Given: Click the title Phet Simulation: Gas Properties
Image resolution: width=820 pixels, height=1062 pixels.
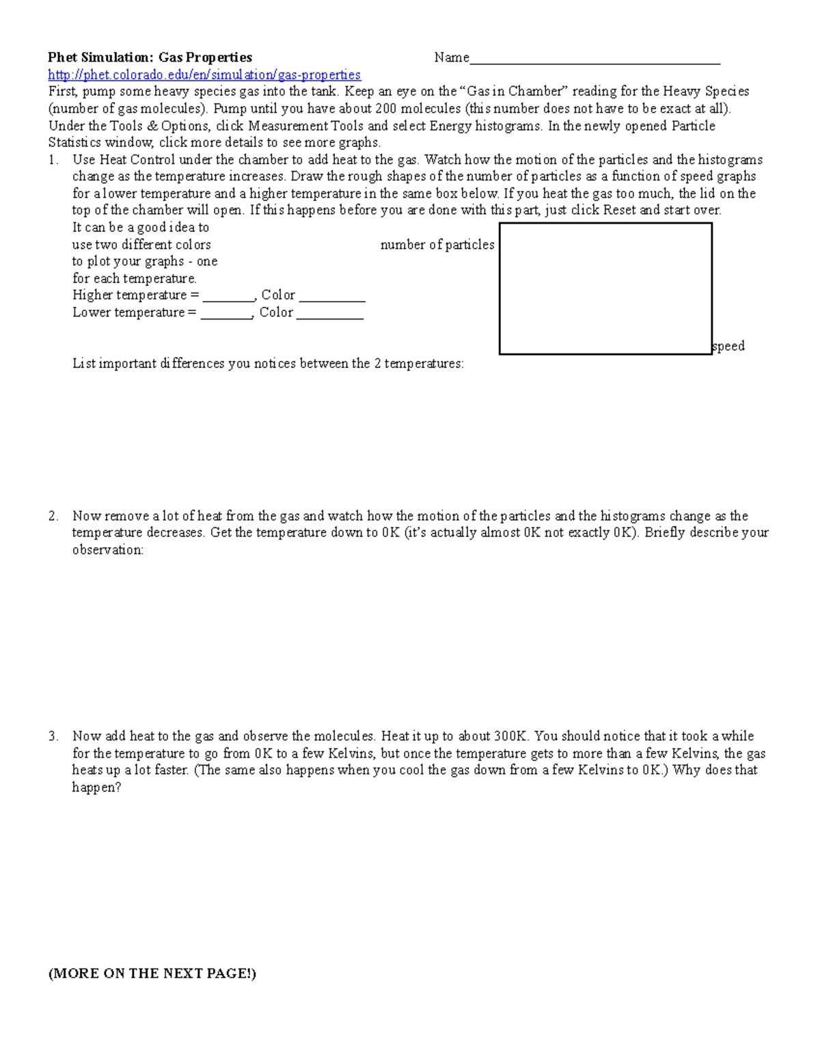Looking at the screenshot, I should pos(150,57).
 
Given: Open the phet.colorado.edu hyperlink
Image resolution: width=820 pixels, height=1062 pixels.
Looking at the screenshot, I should pos(204,75).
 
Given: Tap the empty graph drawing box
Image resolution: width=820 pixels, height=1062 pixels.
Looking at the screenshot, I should pos(605,289).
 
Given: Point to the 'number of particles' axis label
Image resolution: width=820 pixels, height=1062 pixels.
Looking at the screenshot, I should pos(437,245).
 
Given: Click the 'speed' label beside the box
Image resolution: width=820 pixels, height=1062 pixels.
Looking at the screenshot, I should pos(728,346).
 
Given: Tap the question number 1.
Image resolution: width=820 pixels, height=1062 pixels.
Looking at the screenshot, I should pos(53,160).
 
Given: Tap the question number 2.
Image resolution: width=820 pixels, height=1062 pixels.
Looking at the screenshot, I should pos(53,516).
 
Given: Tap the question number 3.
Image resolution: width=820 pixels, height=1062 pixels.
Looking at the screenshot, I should pos(53,736).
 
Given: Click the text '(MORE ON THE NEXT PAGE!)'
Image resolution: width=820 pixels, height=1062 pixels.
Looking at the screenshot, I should pos(152,974).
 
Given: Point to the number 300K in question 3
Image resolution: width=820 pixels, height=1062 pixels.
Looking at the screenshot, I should pos(511,736).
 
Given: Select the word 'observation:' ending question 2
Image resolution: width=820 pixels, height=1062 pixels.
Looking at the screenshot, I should pos(108,550).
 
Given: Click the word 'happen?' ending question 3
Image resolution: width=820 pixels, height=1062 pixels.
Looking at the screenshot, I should pos(96,787).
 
